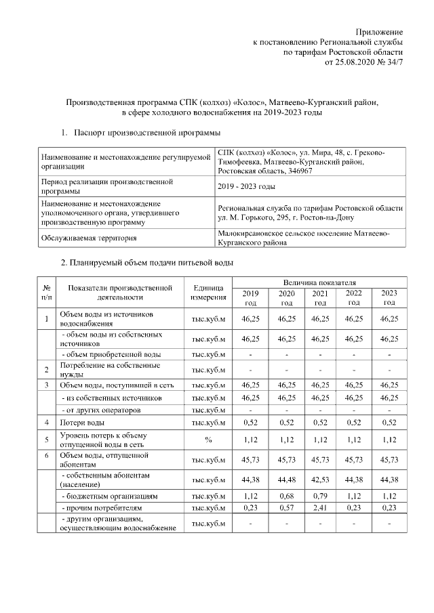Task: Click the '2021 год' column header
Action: tap(321, 297)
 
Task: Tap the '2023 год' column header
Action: tap(389, 297)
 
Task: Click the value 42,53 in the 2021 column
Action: tap(321, 482)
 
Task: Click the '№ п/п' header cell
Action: tap(47, 292)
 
